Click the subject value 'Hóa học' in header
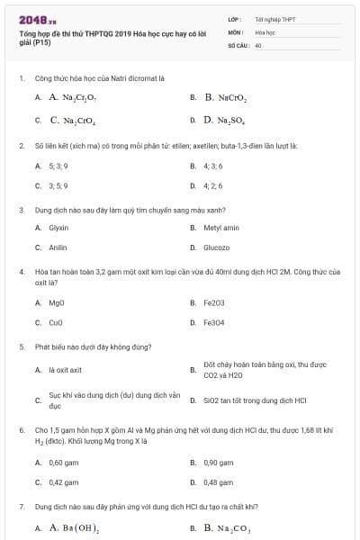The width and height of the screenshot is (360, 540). [x=265, y=31]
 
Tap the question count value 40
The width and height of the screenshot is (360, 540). [x=258, y=43]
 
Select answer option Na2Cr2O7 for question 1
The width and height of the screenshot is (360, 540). [x=72, y=96]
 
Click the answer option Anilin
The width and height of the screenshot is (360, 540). [x=58, y=247]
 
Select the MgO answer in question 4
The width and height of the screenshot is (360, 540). [x=57, y=302]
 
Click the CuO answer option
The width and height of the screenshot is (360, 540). [x=57, y=322]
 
